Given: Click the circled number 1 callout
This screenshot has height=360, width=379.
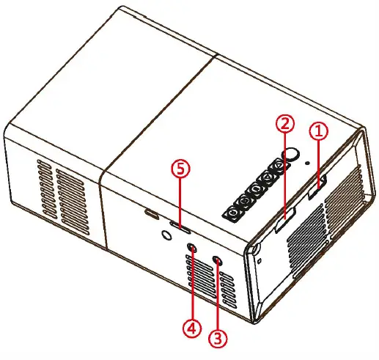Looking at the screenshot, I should point(318,132).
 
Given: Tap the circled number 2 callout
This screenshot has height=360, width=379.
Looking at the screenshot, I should point(285,122).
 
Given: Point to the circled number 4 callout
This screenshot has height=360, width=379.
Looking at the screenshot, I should point(191,329).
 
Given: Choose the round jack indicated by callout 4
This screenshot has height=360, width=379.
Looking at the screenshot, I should point(193,248).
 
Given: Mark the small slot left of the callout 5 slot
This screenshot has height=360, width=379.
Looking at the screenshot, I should point(152,215).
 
